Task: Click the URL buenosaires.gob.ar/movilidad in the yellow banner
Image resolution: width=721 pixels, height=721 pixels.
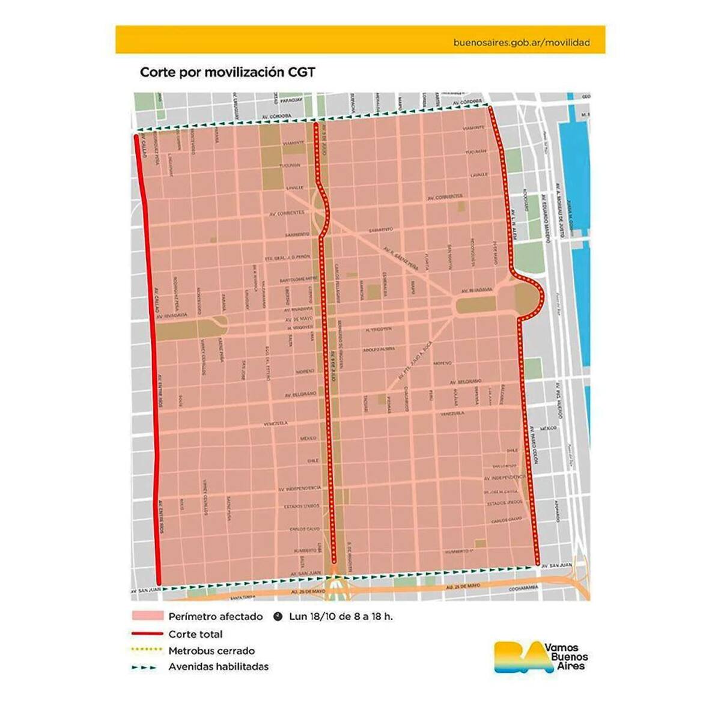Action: pyautogui.click(x=521, y=43)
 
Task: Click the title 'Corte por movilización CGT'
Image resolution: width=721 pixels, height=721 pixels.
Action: pyautogui.click(x=227, y=72)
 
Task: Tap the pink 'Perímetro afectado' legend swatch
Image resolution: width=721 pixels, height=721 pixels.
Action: pyautogui.click(x=147, y=616)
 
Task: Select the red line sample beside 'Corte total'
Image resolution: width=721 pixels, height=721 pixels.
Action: pyautogui.click(x=147, y=634)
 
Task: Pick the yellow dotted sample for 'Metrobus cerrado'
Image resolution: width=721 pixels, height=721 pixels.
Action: pyautogui.click(x=147, y=650)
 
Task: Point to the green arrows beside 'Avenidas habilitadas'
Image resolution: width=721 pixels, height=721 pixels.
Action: pyautogui.click(x=145, y=667)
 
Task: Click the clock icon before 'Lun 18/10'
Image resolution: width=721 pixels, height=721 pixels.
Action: pyautogui.click(x=278, y=616)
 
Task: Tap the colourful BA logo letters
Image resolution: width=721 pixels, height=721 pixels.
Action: pyautogui.click(x=516, y=657)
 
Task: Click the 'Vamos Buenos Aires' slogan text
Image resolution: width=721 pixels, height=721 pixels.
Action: pyautogui.click(x=565, y=657)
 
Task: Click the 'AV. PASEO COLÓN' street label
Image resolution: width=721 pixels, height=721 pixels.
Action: pyautogui.click(x=534, y=445)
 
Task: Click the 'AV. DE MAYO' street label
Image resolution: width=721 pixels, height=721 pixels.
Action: pyautogui.click(x=299, y=318)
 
